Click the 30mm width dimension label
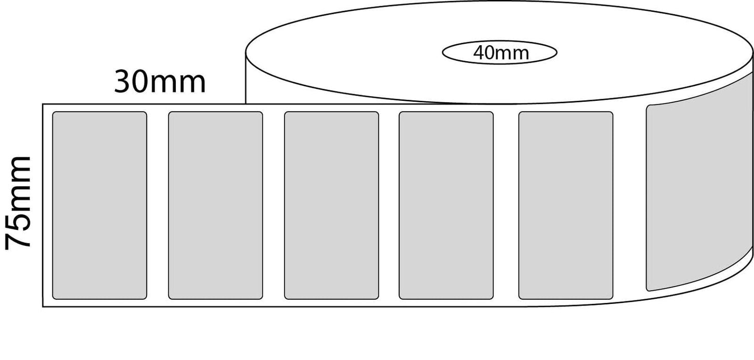click(x=159, y=82)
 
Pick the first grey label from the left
click(x=100, y=205)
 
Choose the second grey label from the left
click(x=216, y=205)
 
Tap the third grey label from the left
click(x=331, y=205)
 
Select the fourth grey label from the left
click(x=446, y=205)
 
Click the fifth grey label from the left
click(x=566, y=205)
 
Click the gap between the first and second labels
click(x=158, y=205)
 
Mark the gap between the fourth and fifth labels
click(x=506, y=205)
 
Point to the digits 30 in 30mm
click(x=135, y=82)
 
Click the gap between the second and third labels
click(x=274, y=205)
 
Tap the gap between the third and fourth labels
click(x=389, y=205)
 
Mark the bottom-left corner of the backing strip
click(x=43, y=307)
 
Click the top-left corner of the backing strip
click(x=43, y=104)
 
